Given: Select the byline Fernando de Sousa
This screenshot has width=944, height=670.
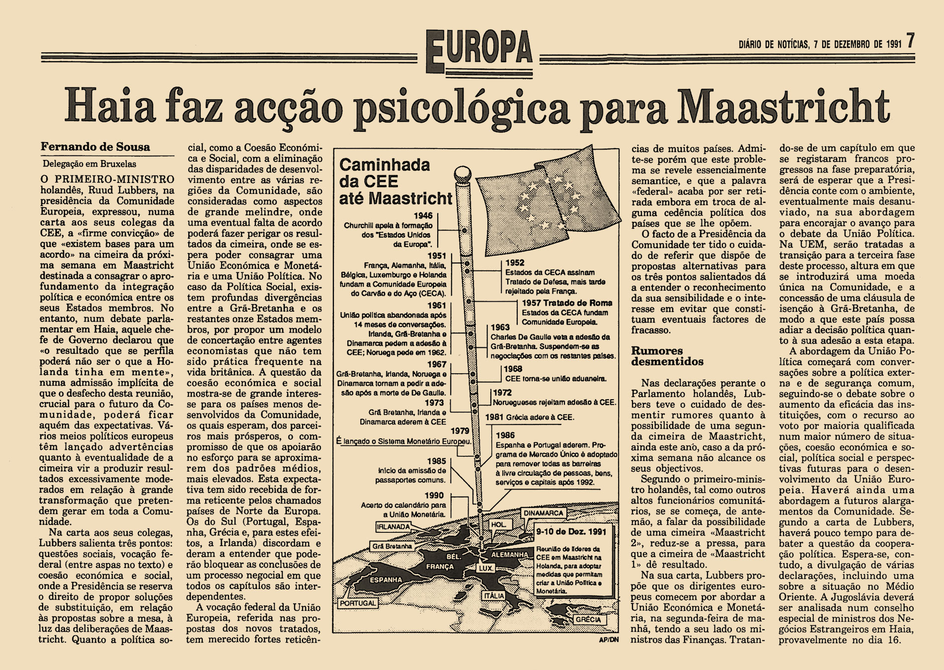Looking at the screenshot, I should tap(95, 148).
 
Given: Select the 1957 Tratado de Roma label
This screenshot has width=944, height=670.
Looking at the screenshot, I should tap(567, 303).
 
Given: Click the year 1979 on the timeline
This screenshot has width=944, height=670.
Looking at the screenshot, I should tap(461, 431).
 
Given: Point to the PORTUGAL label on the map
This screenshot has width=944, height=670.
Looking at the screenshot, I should tap(358, 603).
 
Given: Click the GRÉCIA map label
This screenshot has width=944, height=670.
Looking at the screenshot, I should tap(588, 619).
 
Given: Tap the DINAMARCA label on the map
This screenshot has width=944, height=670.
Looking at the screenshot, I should tap(544, 513).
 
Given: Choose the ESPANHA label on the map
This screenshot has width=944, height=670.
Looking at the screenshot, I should tap(385, 579).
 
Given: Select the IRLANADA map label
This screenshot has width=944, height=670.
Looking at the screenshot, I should tap(393, 526).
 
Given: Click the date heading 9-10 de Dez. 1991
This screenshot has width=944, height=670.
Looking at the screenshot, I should tap(571, 532).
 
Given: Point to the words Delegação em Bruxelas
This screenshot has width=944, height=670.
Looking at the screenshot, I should tap(89, 164).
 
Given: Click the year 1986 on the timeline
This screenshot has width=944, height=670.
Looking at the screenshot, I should tap(505, 435).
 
